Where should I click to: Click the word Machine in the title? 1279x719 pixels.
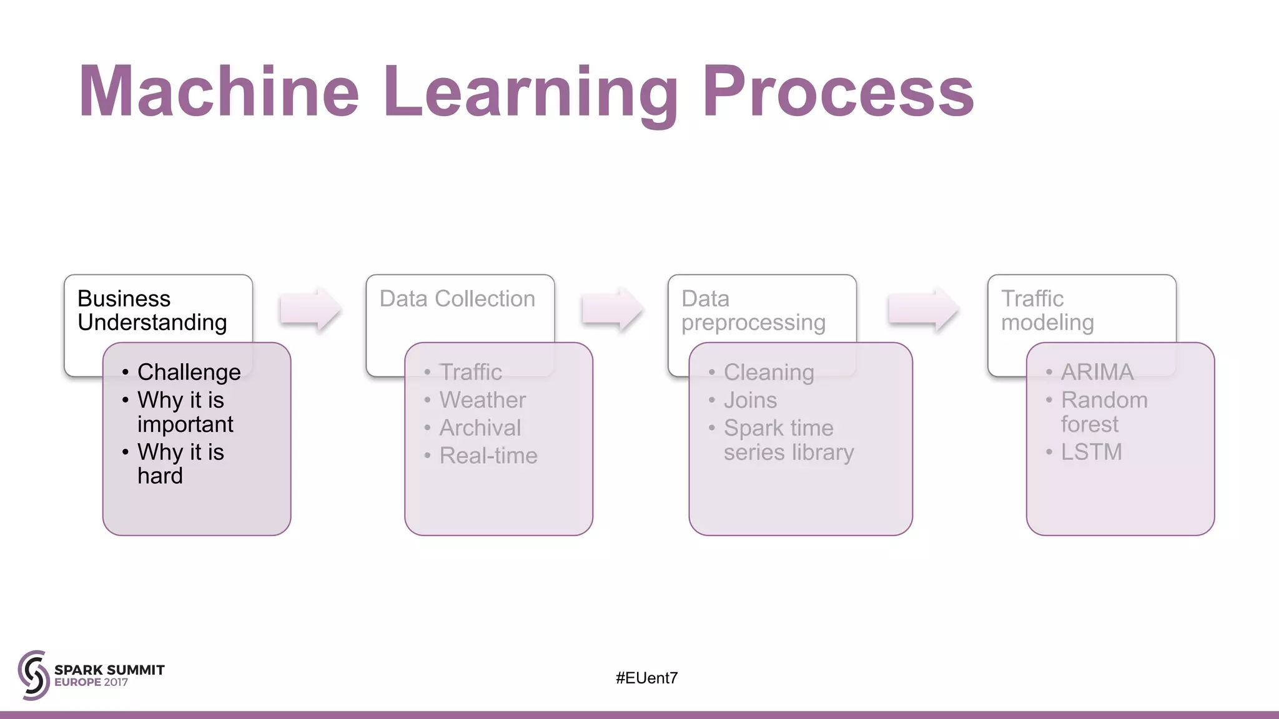click(x=219, y=92)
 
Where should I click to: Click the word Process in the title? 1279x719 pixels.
click(x=838, y=92)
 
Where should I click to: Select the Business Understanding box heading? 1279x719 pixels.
click(x=152, y=311)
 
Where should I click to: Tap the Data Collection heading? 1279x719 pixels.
click(x=457, y=299)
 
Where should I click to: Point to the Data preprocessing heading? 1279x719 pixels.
click(x=753, y=311)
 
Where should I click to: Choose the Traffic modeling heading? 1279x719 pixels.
click(x=1047, y=311)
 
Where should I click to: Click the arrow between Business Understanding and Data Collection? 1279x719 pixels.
click(x=310, y=309)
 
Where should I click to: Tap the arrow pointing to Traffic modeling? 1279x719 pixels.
click(x=923, y=309)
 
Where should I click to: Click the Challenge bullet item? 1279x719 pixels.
click(x=189, y=372)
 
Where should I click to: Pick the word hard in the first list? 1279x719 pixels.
click(x=160, y=476)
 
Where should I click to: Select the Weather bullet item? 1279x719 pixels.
click(x=482, y=400)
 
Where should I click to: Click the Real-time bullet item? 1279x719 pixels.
click(x=488, y=456)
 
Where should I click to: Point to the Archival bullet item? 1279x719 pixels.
click(x=480, y=428)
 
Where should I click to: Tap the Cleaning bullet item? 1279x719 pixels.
click(x=768, y=373)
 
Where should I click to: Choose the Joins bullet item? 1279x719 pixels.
click(x=750, y=400)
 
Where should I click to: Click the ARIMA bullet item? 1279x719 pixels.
click(x=1097, y=373)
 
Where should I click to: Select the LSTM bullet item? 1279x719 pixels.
click(x=1091, y=452)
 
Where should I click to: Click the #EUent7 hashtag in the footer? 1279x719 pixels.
click(x=646, y=678)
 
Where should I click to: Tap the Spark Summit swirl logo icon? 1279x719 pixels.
click(x=34, y=675)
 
